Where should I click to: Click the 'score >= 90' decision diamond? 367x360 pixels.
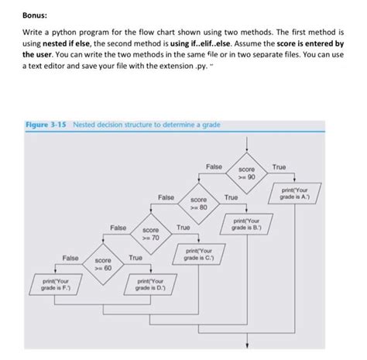[247, 171]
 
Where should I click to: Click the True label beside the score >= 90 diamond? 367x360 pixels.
[280, 166]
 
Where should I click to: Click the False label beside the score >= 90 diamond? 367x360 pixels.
[214, 166]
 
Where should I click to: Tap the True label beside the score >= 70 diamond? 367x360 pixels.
[183, 228]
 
